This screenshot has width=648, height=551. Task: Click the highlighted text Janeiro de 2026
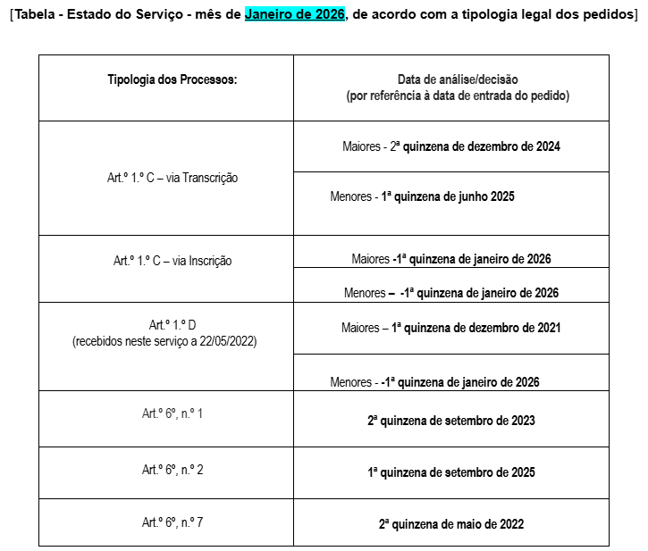[x=294, y=16]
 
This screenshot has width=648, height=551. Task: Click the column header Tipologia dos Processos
[x=172, y=79]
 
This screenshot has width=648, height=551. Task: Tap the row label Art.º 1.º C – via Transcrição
[x=172, y=178]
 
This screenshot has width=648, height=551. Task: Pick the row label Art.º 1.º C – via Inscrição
[x=172, y=261]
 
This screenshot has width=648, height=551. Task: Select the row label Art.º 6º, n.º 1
[x=172, y=413]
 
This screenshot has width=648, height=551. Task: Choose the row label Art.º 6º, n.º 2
[x=172, y=470]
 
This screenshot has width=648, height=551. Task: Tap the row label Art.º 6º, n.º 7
[x=172, y=522]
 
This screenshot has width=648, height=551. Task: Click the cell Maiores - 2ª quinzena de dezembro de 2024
[x=450, y=146]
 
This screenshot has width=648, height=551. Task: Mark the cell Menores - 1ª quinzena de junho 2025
[x=422, y=196]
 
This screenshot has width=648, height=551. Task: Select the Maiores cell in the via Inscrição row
[x=450, y=259]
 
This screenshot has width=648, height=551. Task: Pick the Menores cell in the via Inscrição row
[x=450, y=293]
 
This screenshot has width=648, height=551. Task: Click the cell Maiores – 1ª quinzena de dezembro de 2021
[x=450, y=328]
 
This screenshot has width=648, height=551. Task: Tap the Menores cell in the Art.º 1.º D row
[x=434, y=382]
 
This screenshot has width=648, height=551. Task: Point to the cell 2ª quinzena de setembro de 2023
[x=450, y=420]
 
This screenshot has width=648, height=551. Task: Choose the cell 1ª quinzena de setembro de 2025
[x=450, y=472]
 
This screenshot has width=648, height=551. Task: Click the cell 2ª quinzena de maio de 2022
[x=450, y=524]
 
